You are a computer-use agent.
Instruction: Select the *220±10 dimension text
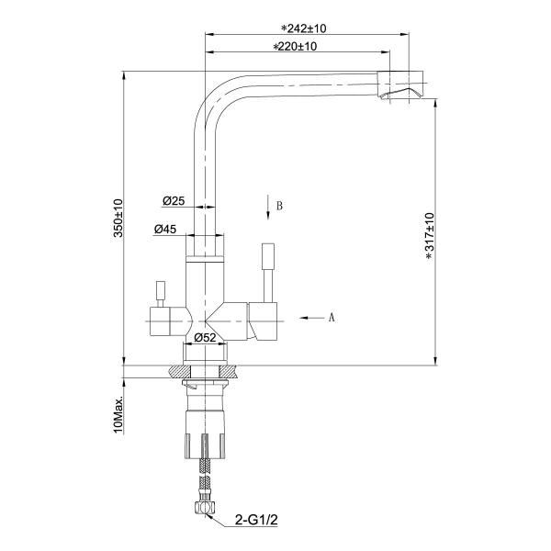coord(295,47)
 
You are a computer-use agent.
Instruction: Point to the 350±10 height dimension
coord(118,219)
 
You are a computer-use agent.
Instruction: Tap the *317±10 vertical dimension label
coord(429,236)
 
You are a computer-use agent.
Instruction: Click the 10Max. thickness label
coord(118,415)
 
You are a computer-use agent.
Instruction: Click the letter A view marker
coord(332,317)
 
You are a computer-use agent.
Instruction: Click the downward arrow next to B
coord(265,206)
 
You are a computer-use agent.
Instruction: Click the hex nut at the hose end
coord(204,507)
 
